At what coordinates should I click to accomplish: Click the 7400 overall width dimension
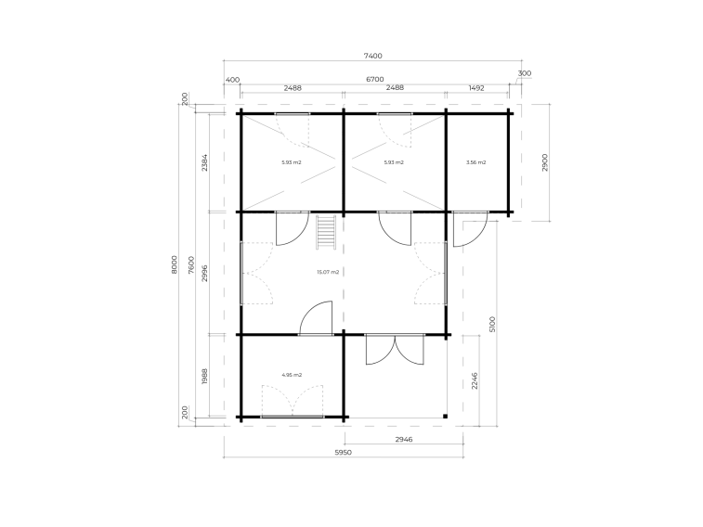pyautogui.click(x=372, y=56)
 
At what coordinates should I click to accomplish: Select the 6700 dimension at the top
pyautogui.click(x=375, y=79)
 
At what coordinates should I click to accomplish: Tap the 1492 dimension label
pyautogui.click(x=476, y=88)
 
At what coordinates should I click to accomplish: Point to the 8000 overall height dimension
pyautogui.click(x=175, y=264)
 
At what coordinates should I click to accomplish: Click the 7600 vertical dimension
pyautogui.click(x=191, y=264)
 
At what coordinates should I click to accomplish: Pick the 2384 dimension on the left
pyautogui.click(x=204, y=162)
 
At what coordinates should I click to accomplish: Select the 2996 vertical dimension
pyautogui.click(x=204, y=273)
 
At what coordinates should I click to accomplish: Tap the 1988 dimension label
pyautogui.click(x=204, y=376)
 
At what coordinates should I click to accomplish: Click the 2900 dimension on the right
pyautogui.click(x=545, y=162)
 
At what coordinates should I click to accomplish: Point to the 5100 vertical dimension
pyautogui.click(x=492, y=324)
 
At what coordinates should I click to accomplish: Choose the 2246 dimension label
pyautogui.click(x=475, y=380)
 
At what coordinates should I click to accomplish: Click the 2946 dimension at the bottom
pyautogui.click(x=404, y=439)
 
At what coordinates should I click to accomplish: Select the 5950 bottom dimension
pyautogui.click(x=344, y=452)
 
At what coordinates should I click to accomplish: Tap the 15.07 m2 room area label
pyautogui.click(x=328, y=272)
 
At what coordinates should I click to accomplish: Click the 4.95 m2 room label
pyautogui.click(x=292, y=375)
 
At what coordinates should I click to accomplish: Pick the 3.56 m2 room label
pyautogui.click(x=475, y=162)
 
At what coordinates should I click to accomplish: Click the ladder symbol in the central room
pyautogui.click(x=326, y=232)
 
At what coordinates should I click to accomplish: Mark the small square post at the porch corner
pyautogui.click(x=445, y=417)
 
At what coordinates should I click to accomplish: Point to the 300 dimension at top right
pyautogui.click(x=525, y=73)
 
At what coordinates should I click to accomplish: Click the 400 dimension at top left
pyautogui.click(x=232, y=80)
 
